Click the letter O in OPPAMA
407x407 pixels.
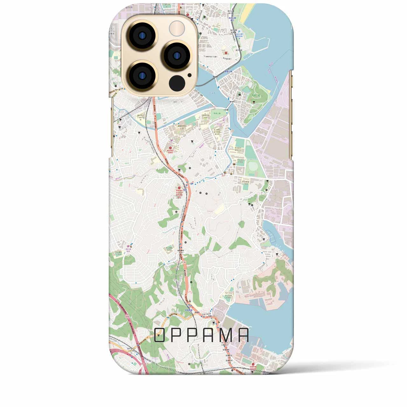tap(160, 335)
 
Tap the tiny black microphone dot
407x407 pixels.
tap(190, 75)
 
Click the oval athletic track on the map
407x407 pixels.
tap(253, 167)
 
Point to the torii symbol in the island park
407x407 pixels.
tap(254, 102)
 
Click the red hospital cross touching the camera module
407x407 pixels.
tap(188, 14)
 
